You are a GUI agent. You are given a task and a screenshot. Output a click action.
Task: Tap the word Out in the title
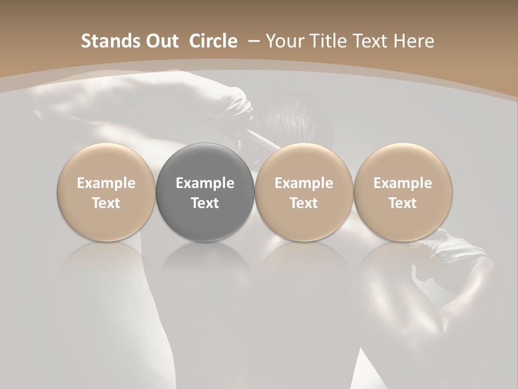tap(161, 41)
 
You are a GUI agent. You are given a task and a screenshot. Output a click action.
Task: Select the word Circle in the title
tap(213, 41)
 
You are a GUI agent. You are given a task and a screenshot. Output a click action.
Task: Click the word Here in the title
tap(413, 41)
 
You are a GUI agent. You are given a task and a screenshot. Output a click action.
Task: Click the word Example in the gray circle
tap(205, 183)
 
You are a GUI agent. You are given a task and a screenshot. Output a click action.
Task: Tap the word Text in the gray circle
tap(205, 203)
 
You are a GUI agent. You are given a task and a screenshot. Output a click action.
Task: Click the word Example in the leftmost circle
tap(106, 183)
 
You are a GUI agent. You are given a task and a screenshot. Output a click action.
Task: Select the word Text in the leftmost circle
tap(106, 203)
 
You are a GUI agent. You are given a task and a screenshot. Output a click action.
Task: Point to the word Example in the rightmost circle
tap(403, 183)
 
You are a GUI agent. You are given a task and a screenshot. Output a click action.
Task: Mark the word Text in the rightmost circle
tap(403, 203)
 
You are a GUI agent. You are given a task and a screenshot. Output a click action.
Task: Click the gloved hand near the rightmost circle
tap(459, 246)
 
